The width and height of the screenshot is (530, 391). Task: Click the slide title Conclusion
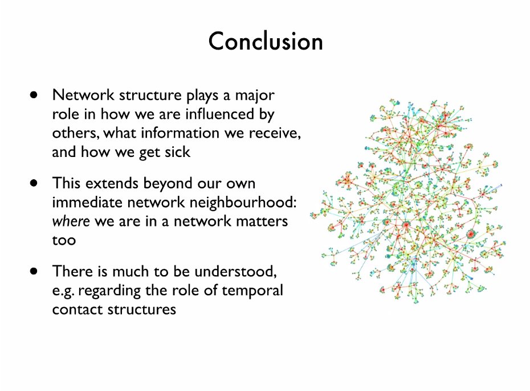coord(265,42)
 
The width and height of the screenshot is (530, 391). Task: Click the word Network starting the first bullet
coord(77,95)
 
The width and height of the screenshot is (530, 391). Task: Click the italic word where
coord(71,221)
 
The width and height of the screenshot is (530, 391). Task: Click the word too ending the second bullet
coord(63,240)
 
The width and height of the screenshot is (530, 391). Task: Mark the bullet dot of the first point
coord(35,95)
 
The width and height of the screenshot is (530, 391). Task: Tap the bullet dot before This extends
coord(35,184)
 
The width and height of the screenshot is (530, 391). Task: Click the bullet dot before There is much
coord(35,271)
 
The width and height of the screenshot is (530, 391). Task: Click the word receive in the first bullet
coord(276,133)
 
